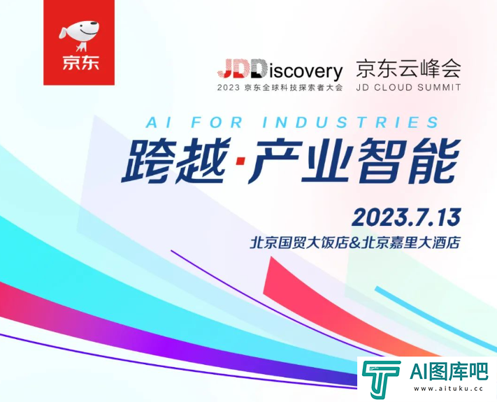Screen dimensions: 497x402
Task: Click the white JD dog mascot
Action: tap(79, 35)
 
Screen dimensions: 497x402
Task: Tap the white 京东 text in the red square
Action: tap(80, 62)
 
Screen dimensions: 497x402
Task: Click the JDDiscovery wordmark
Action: tap(280, 70)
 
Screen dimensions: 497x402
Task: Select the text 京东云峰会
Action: tap(408, 69)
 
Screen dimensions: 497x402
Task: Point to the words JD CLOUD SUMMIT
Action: tap(408, 87)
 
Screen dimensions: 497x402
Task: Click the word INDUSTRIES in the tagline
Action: tap(351, 122)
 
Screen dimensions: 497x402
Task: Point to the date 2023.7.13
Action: tap(406, 217)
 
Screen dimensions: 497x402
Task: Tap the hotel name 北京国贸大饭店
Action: tap(299, 243)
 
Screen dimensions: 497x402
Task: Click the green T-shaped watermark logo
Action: tap(381, 379)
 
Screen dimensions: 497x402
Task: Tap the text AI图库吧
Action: tap(449, 371)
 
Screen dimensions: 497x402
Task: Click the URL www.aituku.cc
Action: tap(448, 389)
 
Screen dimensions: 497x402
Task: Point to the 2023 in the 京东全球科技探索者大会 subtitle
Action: tap(228, 87)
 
